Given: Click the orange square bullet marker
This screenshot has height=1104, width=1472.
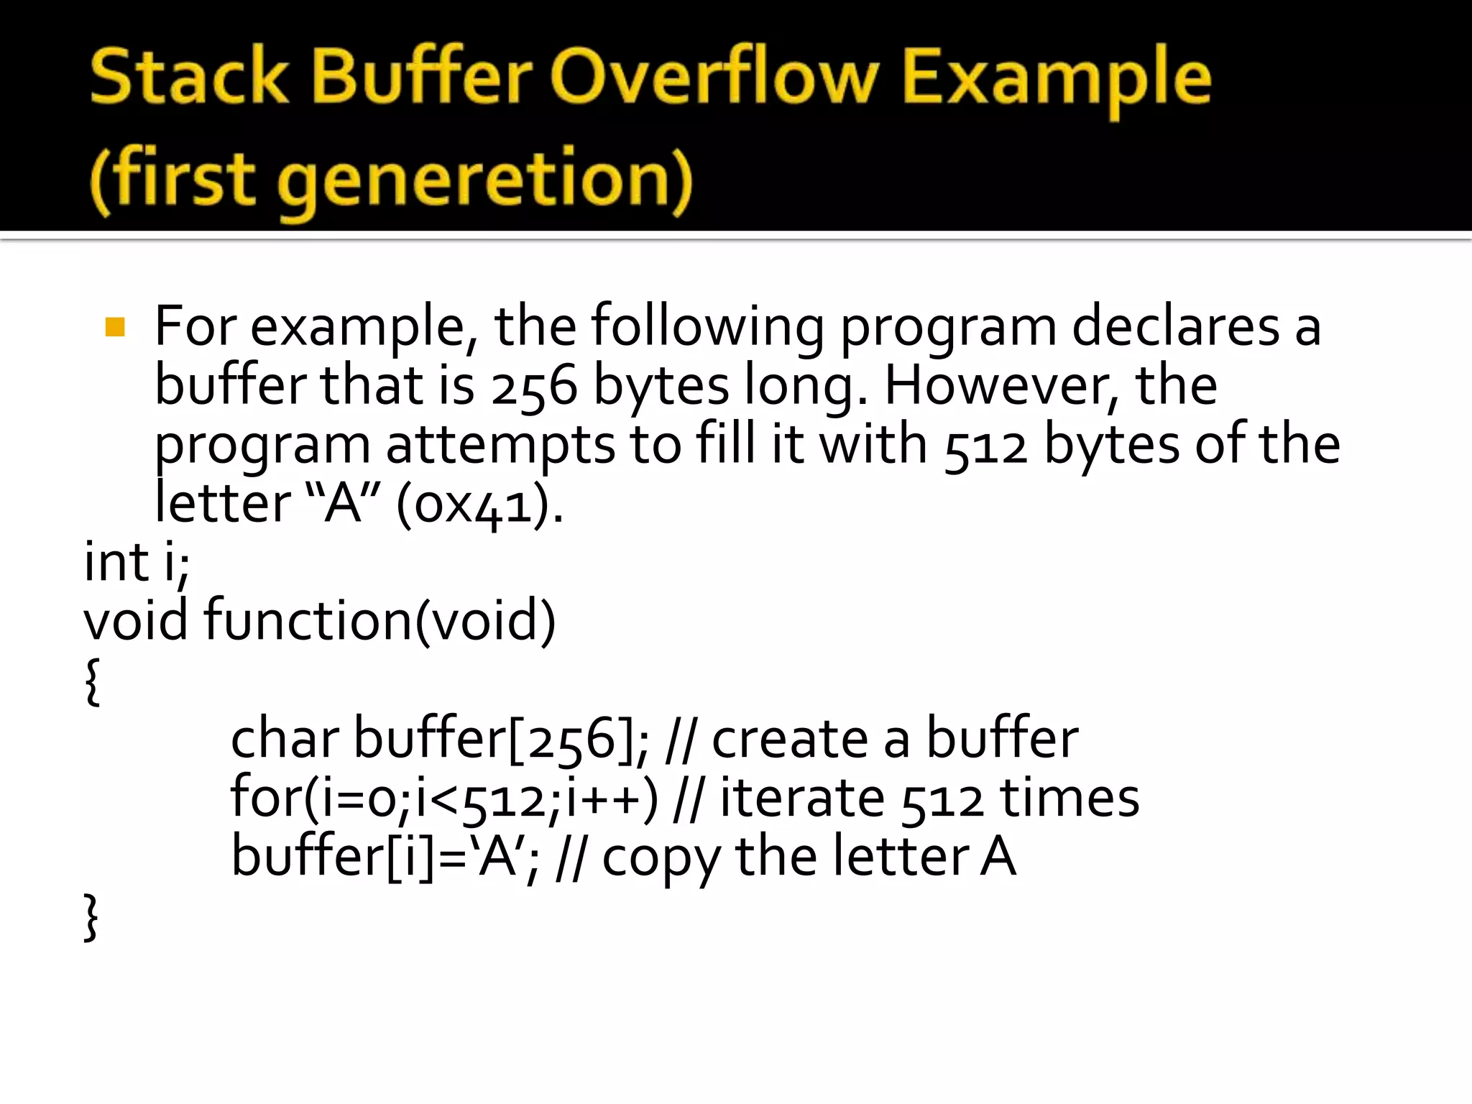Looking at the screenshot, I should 115,328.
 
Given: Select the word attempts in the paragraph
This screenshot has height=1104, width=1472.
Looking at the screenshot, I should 500,446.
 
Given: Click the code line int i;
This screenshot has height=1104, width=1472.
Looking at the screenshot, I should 137,562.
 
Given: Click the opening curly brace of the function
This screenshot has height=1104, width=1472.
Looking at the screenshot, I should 92,681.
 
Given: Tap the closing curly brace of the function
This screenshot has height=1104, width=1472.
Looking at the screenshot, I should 92,917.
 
